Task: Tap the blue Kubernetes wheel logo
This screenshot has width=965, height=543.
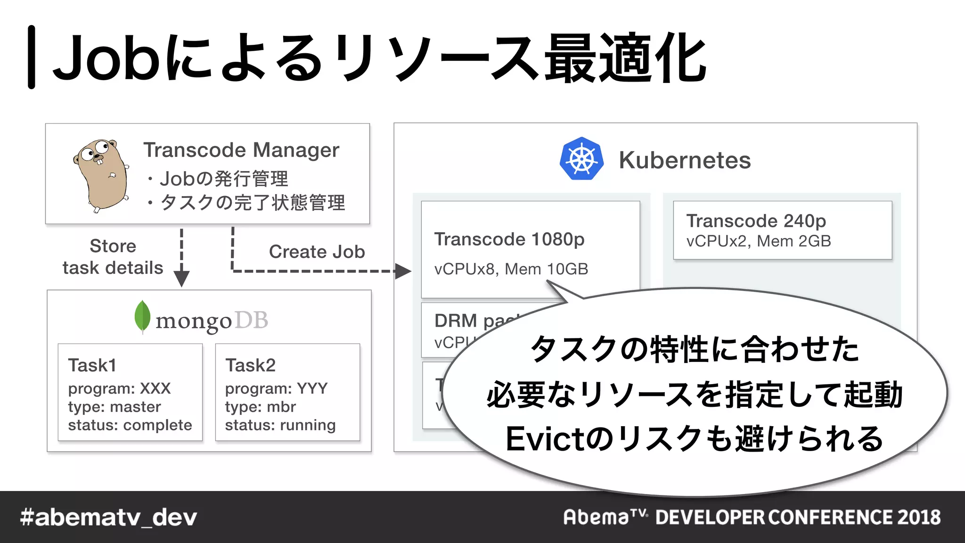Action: click(581, 159)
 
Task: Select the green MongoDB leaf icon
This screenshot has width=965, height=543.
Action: click(142, 316)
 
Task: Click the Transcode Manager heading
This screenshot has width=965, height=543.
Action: click(241, 150)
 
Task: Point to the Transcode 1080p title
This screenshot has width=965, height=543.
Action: click(509, 239)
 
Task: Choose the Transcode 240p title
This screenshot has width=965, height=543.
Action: click(756, 221)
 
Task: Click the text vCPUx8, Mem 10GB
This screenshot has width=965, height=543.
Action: click(511, 269)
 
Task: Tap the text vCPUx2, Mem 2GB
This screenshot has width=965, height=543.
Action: click(758, 241)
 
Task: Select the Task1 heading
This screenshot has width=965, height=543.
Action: click(92, 365)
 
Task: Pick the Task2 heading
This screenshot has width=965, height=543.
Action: click(250, 365)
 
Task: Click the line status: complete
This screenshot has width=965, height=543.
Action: click(130, 425)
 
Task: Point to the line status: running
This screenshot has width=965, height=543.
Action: click(280, 425)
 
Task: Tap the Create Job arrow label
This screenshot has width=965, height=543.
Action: click(317, 252)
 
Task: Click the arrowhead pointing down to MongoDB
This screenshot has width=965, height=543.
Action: click(181, 279)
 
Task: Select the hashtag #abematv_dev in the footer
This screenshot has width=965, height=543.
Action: click(108, 518)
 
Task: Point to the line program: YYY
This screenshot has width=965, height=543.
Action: click(276, 388)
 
